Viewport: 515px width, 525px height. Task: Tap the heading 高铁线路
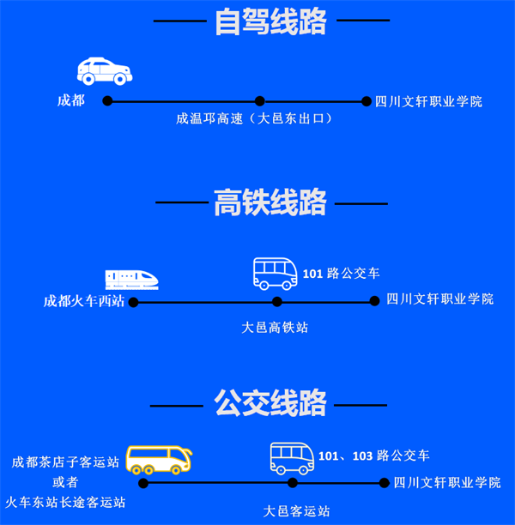coord(270,203)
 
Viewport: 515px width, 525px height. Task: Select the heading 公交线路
coord(270,401)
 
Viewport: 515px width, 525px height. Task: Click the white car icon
coord(105,70)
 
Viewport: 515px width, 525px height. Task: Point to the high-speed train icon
coord(131,280)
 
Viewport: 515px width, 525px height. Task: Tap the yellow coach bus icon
coord(159,460)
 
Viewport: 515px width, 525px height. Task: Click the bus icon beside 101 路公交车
coord(275,273)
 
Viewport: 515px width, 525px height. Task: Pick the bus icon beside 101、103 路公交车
coord(292,458)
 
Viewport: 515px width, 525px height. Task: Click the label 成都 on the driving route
coord(71,101)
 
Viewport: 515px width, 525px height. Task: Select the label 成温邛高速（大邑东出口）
coord(254,119)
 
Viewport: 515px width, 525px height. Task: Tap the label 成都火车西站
coord(84,301)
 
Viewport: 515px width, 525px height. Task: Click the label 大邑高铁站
coord(276,327)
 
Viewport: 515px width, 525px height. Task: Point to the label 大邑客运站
coord(296,511)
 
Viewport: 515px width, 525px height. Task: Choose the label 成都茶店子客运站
coord(65,462)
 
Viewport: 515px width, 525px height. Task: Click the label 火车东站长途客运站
coord(65,502)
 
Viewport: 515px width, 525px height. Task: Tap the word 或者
coord(65,482)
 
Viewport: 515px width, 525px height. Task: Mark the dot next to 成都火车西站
coord(133,302)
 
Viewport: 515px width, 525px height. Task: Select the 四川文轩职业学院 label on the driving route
coord(428,101)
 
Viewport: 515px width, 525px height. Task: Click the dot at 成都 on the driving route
coord(107,101)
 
